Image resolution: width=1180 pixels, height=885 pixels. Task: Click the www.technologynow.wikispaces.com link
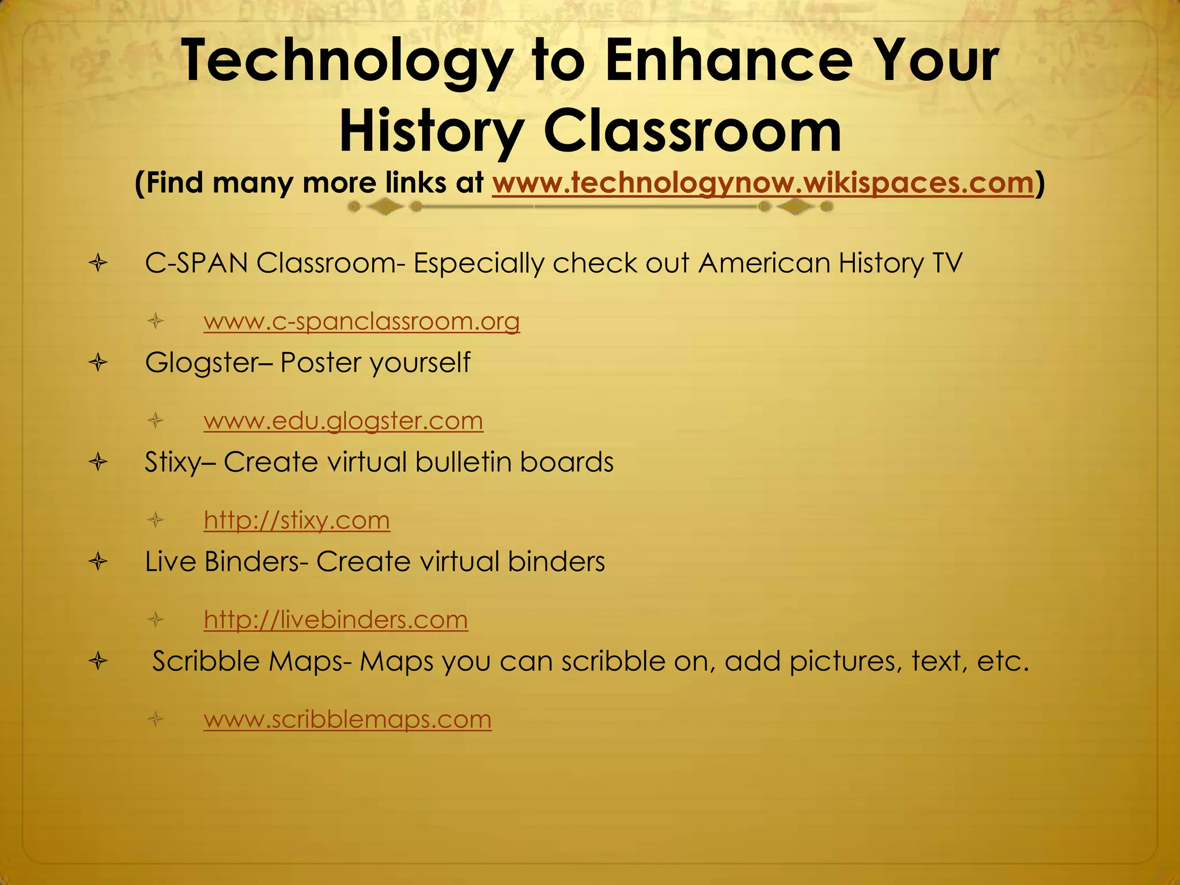(762, 183)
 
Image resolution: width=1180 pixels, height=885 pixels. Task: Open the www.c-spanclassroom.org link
(362, 321)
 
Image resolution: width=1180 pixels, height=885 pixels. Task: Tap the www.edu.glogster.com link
(343, 421)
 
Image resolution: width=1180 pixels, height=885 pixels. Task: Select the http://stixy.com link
(297, 520)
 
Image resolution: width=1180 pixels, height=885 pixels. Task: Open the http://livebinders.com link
(336, 620)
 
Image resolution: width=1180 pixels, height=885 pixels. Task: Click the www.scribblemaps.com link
(347, 719)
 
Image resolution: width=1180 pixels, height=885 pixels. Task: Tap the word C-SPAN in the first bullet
(196, 263)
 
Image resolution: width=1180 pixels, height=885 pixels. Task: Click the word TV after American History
(946, 263)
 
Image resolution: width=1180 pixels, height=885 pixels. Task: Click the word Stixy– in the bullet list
(180, 463)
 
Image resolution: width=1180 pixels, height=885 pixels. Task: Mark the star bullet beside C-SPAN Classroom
(99, 264)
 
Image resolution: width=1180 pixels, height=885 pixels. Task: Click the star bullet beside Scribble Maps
(99, 661)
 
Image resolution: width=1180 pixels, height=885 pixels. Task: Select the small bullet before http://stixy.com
(156, 521)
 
